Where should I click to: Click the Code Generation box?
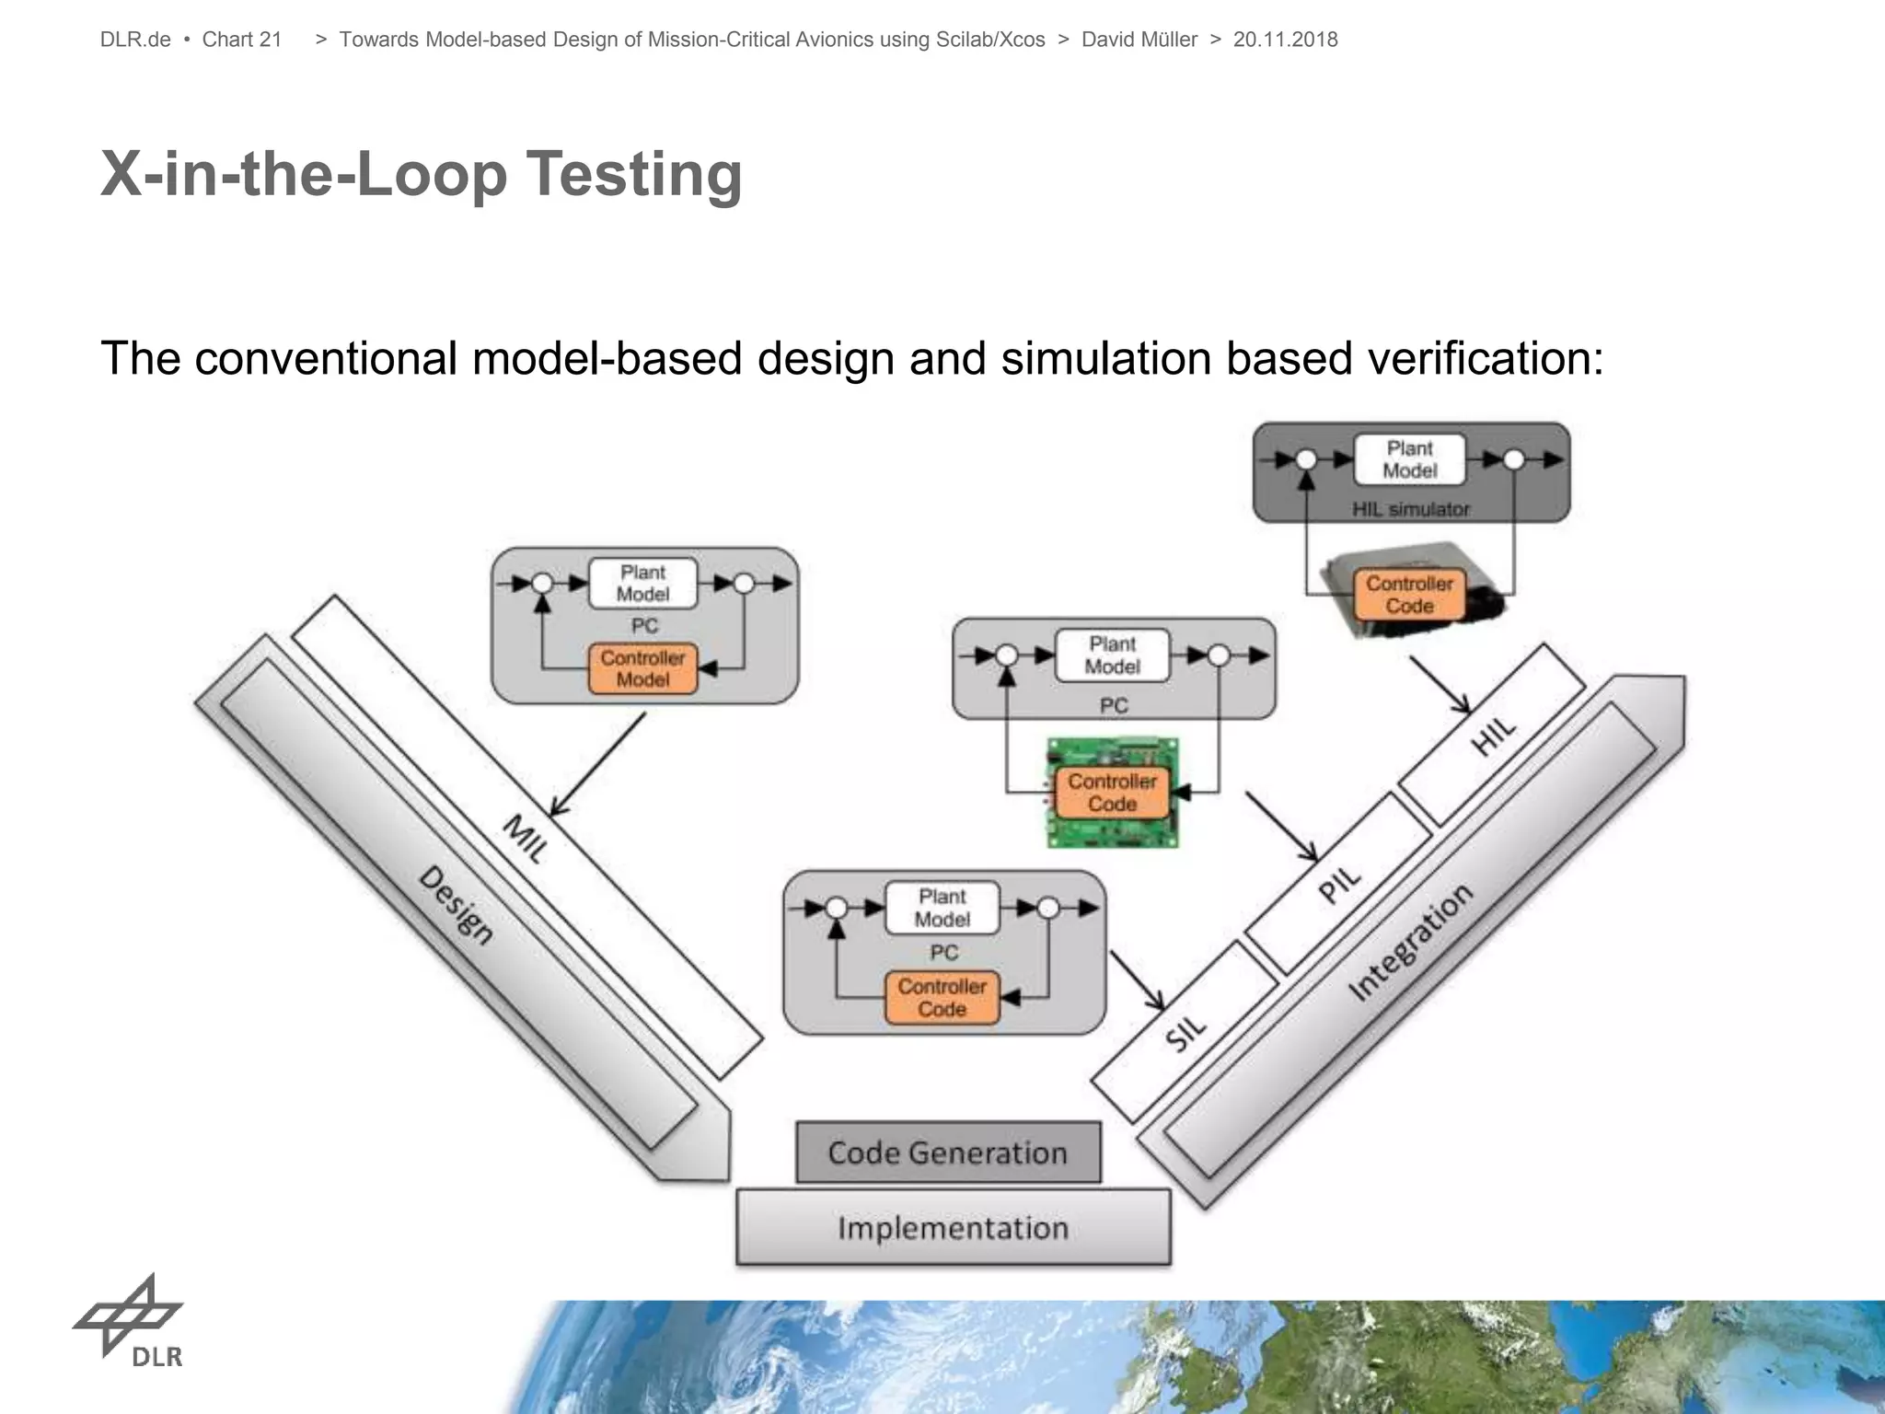tap(948, 1153)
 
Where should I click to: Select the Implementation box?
tap(954, 1228)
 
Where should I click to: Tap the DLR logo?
tap(130, 1320)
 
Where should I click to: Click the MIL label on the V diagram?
tap(525, 838)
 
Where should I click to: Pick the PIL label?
tap(1339, 885)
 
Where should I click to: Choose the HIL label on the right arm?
tap(1493, 736)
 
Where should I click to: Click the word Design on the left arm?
tap(457, 906)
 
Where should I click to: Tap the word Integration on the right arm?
tap(1410, 941)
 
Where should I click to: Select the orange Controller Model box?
tap(642, 669)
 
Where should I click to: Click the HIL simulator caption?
tap(1411, 509)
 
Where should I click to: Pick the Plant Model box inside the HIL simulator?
tap(1410, 459)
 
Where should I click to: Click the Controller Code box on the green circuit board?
tap(1112, 793)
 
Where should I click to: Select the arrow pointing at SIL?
tap(1138, 981)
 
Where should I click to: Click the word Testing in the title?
tap(634, 174)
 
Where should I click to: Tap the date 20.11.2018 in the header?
tap(1285, 40)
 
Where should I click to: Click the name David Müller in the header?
tap(1139, 40)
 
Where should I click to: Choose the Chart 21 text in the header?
tap(242, 40)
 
